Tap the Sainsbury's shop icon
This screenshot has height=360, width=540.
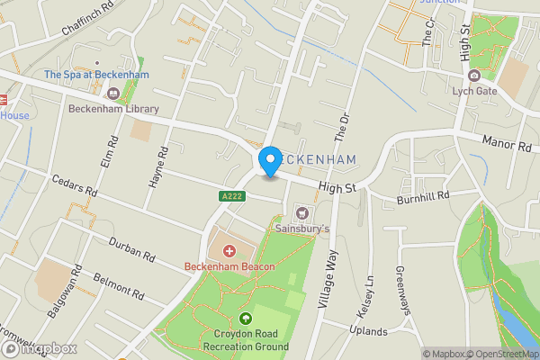[x=301, y=213]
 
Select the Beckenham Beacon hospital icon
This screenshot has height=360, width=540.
[x=229, y=251]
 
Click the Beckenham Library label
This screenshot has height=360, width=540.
[x=113, y=109]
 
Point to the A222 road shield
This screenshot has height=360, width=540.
[x=230, y=194]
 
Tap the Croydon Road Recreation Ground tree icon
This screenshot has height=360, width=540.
[x=247, y=319]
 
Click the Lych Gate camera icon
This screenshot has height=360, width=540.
[x=473, y=75]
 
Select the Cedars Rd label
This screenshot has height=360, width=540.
[x=74, y=186]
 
